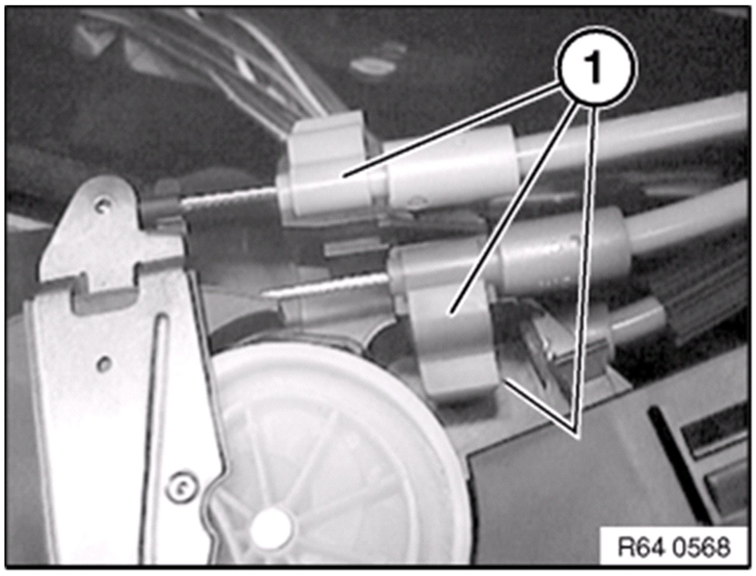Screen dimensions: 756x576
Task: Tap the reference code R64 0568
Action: pyautogui.click(x=674, y=548)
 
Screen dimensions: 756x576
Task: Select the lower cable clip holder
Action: pyautogui.click(x=449, y=323)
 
